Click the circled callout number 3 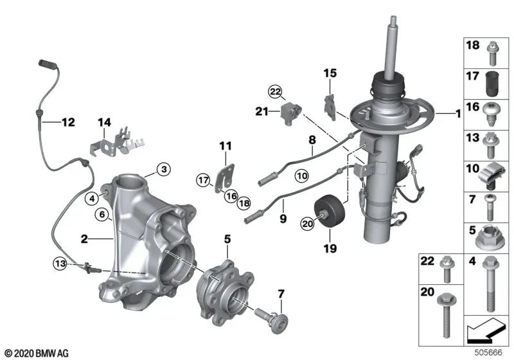pos(164,169)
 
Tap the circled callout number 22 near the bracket pos(276,93)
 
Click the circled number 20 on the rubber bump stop pos(308,223)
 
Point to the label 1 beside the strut pos(457,114)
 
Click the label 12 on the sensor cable pos(67,120)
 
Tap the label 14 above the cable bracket pos(105,122)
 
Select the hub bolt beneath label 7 pos(270,318)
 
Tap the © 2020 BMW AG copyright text pos(36,353)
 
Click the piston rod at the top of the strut pos(390,45)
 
